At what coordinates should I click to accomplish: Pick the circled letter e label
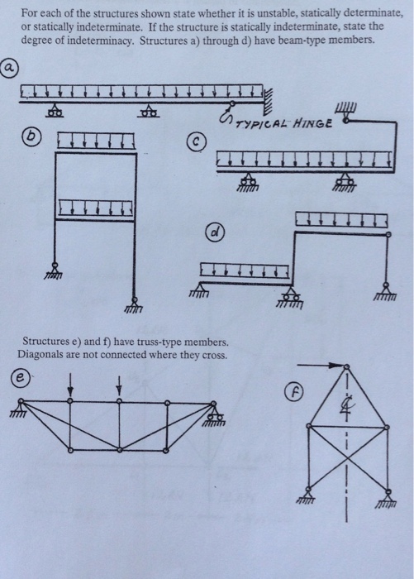point(20,378)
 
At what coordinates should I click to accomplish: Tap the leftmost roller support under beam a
point(55,111)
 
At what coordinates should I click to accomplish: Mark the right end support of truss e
point(217,414)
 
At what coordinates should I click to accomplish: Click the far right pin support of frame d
point(385,291)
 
